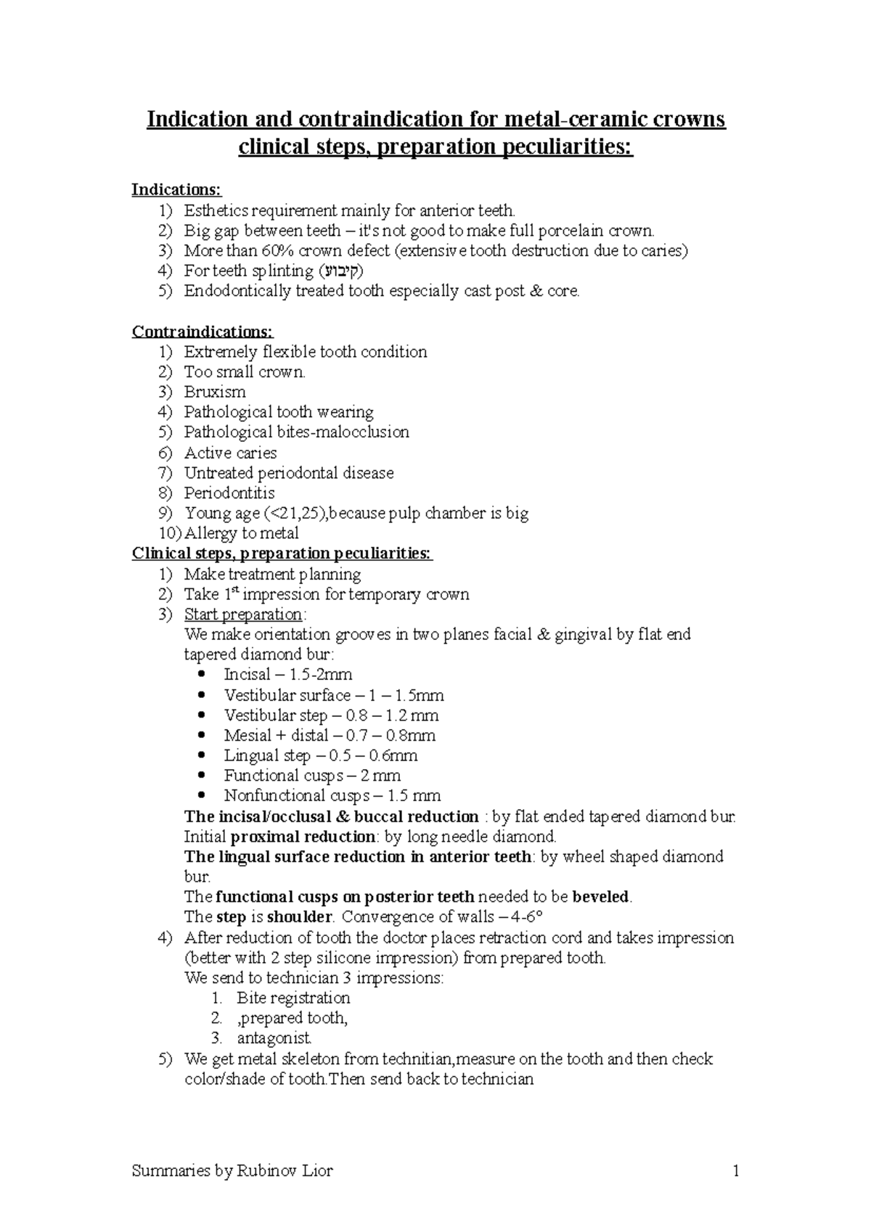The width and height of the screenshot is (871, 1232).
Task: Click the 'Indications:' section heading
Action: (x=176, y=190)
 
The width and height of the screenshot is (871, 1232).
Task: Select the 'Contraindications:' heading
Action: (x=203, y=332)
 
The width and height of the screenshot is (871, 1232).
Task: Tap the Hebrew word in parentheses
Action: (x=340, y=271)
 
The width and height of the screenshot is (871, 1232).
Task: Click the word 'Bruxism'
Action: (x=215, y=392)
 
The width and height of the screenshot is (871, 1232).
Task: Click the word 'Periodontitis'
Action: (x=229, y=493)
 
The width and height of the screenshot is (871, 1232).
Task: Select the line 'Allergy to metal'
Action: (x=241, y=533)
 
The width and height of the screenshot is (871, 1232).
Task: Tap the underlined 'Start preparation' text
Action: (x=243, y=615)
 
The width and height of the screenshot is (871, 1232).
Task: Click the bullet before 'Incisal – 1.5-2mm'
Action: (x=202, y=674)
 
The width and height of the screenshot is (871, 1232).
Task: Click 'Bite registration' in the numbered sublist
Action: (x=293, y=998)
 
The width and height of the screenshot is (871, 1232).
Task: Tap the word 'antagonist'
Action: (x=274, y=1038)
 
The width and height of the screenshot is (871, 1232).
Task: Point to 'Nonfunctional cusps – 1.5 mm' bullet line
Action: (x=332, y=796)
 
